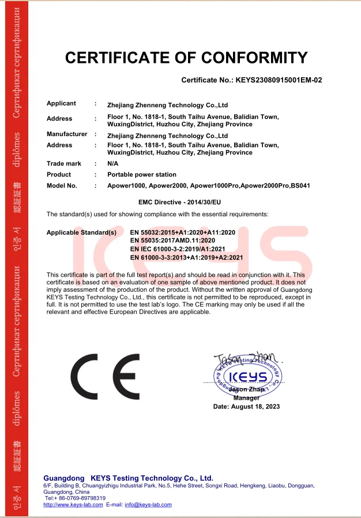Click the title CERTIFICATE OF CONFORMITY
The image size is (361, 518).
(186, 58)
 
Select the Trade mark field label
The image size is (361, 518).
(64, 164)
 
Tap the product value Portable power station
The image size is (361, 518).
(142, 174)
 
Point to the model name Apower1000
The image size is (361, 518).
(126, 186)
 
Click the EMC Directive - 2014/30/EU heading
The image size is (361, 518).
(180, 202)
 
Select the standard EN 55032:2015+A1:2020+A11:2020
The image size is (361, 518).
(183, 232)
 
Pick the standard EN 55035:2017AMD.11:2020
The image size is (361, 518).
(172, 240)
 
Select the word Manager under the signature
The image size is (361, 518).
(247, 398)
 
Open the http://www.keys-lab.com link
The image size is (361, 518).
(73, 505)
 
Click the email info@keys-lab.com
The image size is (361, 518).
(148, 505)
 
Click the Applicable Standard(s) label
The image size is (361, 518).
(81, 232)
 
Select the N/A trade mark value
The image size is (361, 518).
(113, 164)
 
